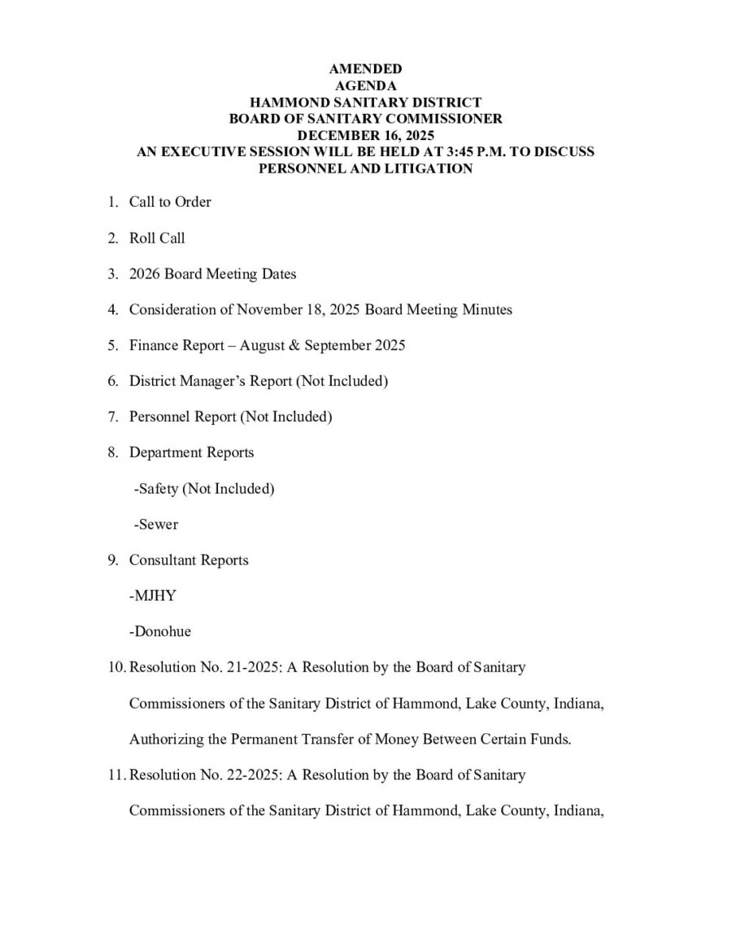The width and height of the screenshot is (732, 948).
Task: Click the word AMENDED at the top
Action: pyautogui.click(x=365, y=69)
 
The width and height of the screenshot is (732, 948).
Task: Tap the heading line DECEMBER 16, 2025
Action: pyautogui.click(x=365, y=135)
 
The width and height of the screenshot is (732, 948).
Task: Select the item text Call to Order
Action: pyautogui.click(x=170, y=202)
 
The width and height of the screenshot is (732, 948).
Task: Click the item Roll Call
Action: pyautogui.click(x=157, y=238)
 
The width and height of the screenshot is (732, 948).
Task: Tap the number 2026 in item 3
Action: pyautogui.click(x=145, y=273)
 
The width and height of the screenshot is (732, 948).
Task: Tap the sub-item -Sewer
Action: pyautogui.click(x=155, y=524)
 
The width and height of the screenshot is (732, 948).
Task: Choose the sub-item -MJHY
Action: pyautogui.click(x=152, y=596)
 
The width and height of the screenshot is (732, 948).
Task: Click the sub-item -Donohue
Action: pyautogui.click(x=159, y=631)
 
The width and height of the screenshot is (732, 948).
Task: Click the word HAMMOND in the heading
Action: pyautogui.click(x=291, y=103)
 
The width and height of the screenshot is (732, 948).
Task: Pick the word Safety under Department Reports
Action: pyautogui.click(x=159, y=488)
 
